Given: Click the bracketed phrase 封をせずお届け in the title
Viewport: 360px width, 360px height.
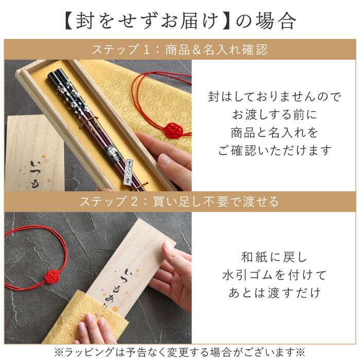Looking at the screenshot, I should [x=148, y=21].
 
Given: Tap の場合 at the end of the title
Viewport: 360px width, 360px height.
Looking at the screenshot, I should [x=266, y=21].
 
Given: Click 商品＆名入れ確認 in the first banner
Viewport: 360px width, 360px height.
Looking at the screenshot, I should [x=217, y=50].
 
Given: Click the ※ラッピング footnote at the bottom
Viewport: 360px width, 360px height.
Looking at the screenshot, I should [x=180, y=352].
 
